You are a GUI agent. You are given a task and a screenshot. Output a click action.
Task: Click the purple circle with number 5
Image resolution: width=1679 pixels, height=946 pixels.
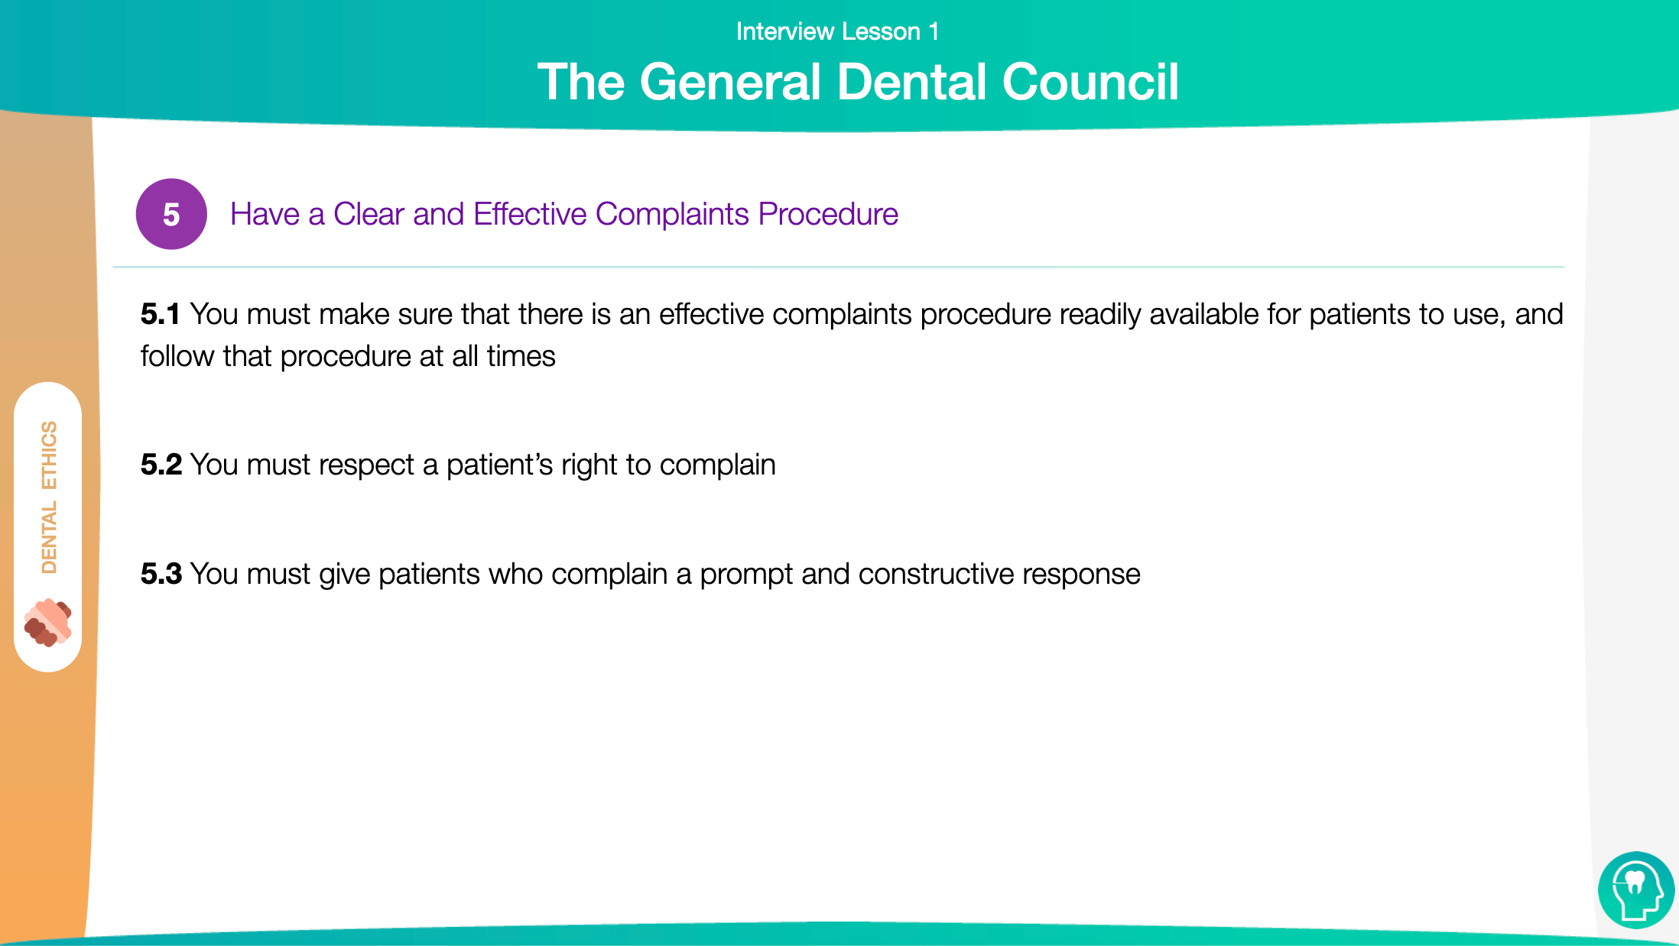click(171, 214)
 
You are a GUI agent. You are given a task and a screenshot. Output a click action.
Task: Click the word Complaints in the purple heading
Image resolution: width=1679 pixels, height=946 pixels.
click(672, 215)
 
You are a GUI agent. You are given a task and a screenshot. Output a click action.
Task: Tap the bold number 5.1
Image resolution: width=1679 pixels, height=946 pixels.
click(160, 314)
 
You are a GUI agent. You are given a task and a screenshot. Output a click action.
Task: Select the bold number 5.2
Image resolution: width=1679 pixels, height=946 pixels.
click(161, 465)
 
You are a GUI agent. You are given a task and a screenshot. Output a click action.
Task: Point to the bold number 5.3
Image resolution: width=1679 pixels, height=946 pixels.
click(161, 574)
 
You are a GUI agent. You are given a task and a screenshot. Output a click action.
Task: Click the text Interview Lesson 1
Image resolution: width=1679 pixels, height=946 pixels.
click(837, 31)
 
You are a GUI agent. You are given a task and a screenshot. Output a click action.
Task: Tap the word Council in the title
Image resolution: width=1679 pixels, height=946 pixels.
click(1091, 82)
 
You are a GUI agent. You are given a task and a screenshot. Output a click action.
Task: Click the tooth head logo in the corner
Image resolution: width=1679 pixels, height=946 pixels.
click(1636, 890)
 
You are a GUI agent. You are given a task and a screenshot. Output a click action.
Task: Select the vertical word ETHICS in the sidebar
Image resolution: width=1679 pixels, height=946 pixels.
click(49, 455)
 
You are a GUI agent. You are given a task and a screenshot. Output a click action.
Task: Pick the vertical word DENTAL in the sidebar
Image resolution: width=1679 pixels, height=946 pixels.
click(49, 538)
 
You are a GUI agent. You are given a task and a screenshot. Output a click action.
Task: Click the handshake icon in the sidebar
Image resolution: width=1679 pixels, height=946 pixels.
click(47, 622)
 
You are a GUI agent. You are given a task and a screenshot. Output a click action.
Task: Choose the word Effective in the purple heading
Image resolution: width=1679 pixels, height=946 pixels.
click(530, 214)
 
